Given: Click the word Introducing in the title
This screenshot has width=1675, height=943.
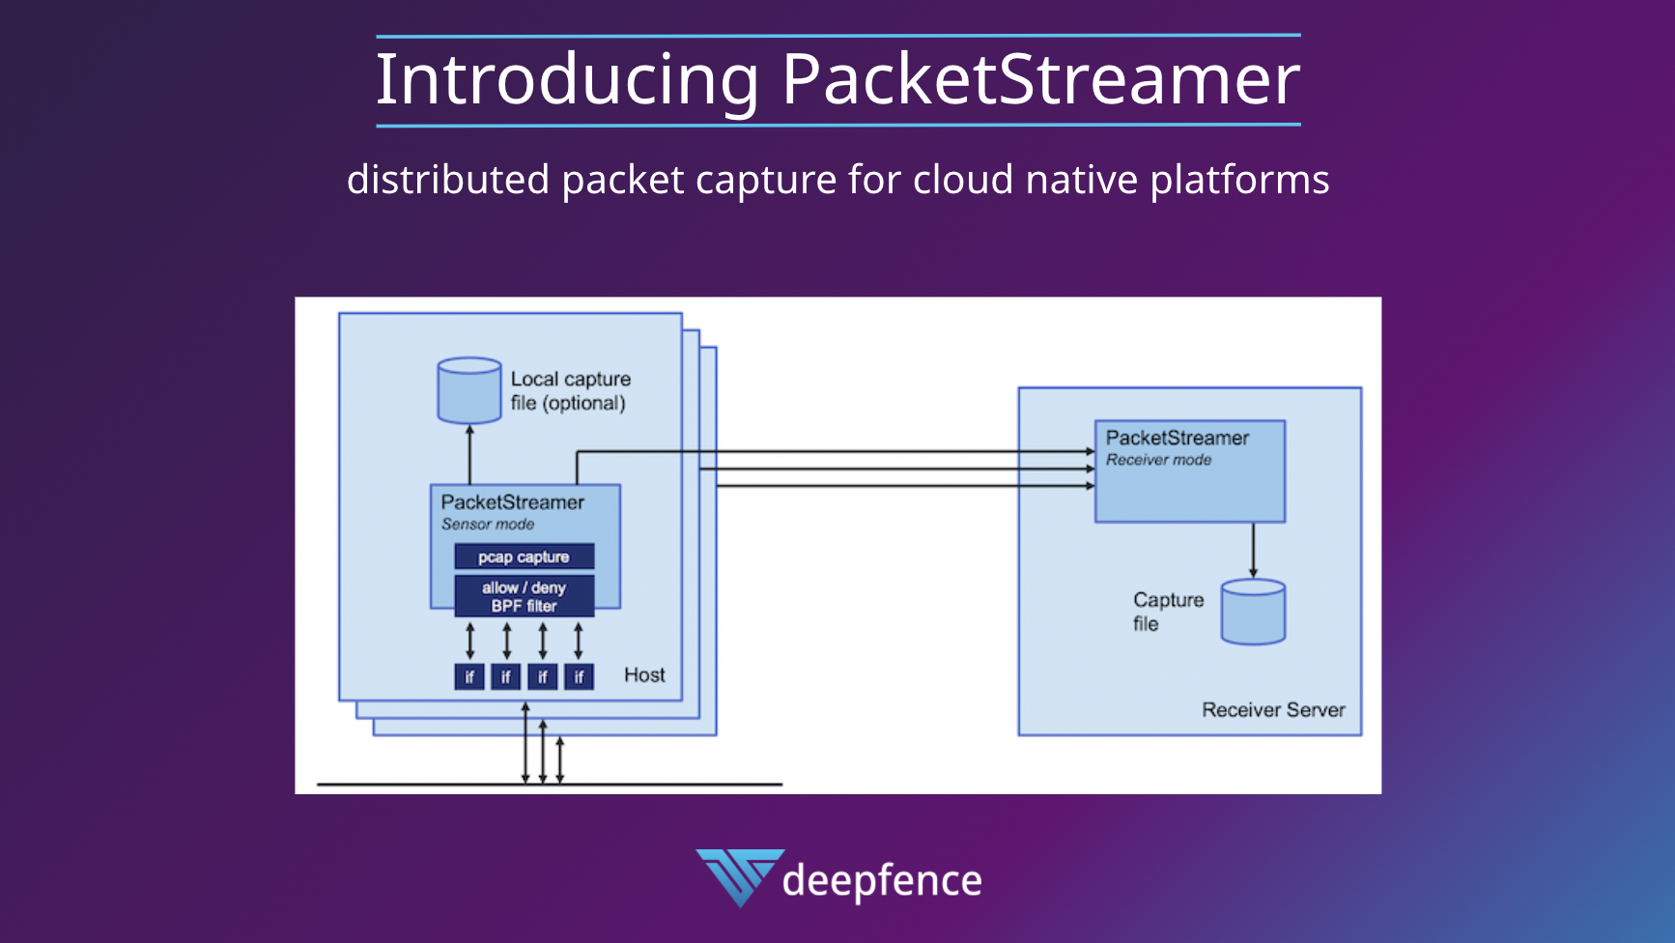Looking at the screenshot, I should pos(567,80).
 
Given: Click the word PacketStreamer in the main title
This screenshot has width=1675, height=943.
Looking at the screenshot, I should pos(1040,80).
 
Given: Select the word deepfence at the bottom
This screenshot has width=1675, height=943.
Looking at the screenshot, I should pos(882,881).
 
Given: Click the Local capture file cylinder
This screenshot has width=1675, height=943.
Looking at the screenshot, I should pos(469,391).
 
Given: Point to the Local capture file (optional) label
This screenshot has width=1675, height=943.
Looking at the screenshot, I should pos(570,391).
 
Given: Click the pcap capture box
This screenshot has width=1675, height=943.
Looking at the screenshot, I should pos(524,557).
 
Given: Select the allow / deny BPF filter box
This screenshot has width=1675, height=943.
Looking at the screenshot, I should pos(524,596).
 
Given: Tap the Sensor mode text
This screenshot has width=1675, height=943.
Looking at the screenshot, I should pos(488,525).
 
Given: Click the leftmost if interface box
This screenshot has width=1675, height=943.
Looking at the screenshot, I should pos(469,676).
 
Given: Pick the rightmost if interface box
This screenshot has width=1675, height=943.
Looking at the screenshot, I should pos(579,676).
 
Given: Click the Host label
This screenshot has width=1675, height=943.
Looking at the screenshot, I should pos(644,675).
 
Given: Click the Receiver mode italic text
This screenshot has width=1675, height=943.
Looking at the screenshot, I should pos(1158,460).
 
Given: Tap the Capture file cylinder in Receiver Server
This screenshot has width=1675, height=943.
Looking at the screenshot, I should pos(1253,613).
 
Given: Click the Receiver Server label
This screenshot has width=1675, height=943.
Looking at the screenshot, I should pos(1273,710).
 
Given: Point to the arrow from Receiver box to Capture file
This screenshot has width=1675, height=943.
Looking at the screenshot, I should pos(1253,551).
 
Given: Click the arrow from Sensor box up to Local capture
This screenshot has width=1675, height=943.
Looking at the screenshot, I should pos(469,454).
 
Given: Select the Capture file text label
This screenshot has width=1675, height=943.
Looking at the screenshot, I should pos(1168,612).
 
